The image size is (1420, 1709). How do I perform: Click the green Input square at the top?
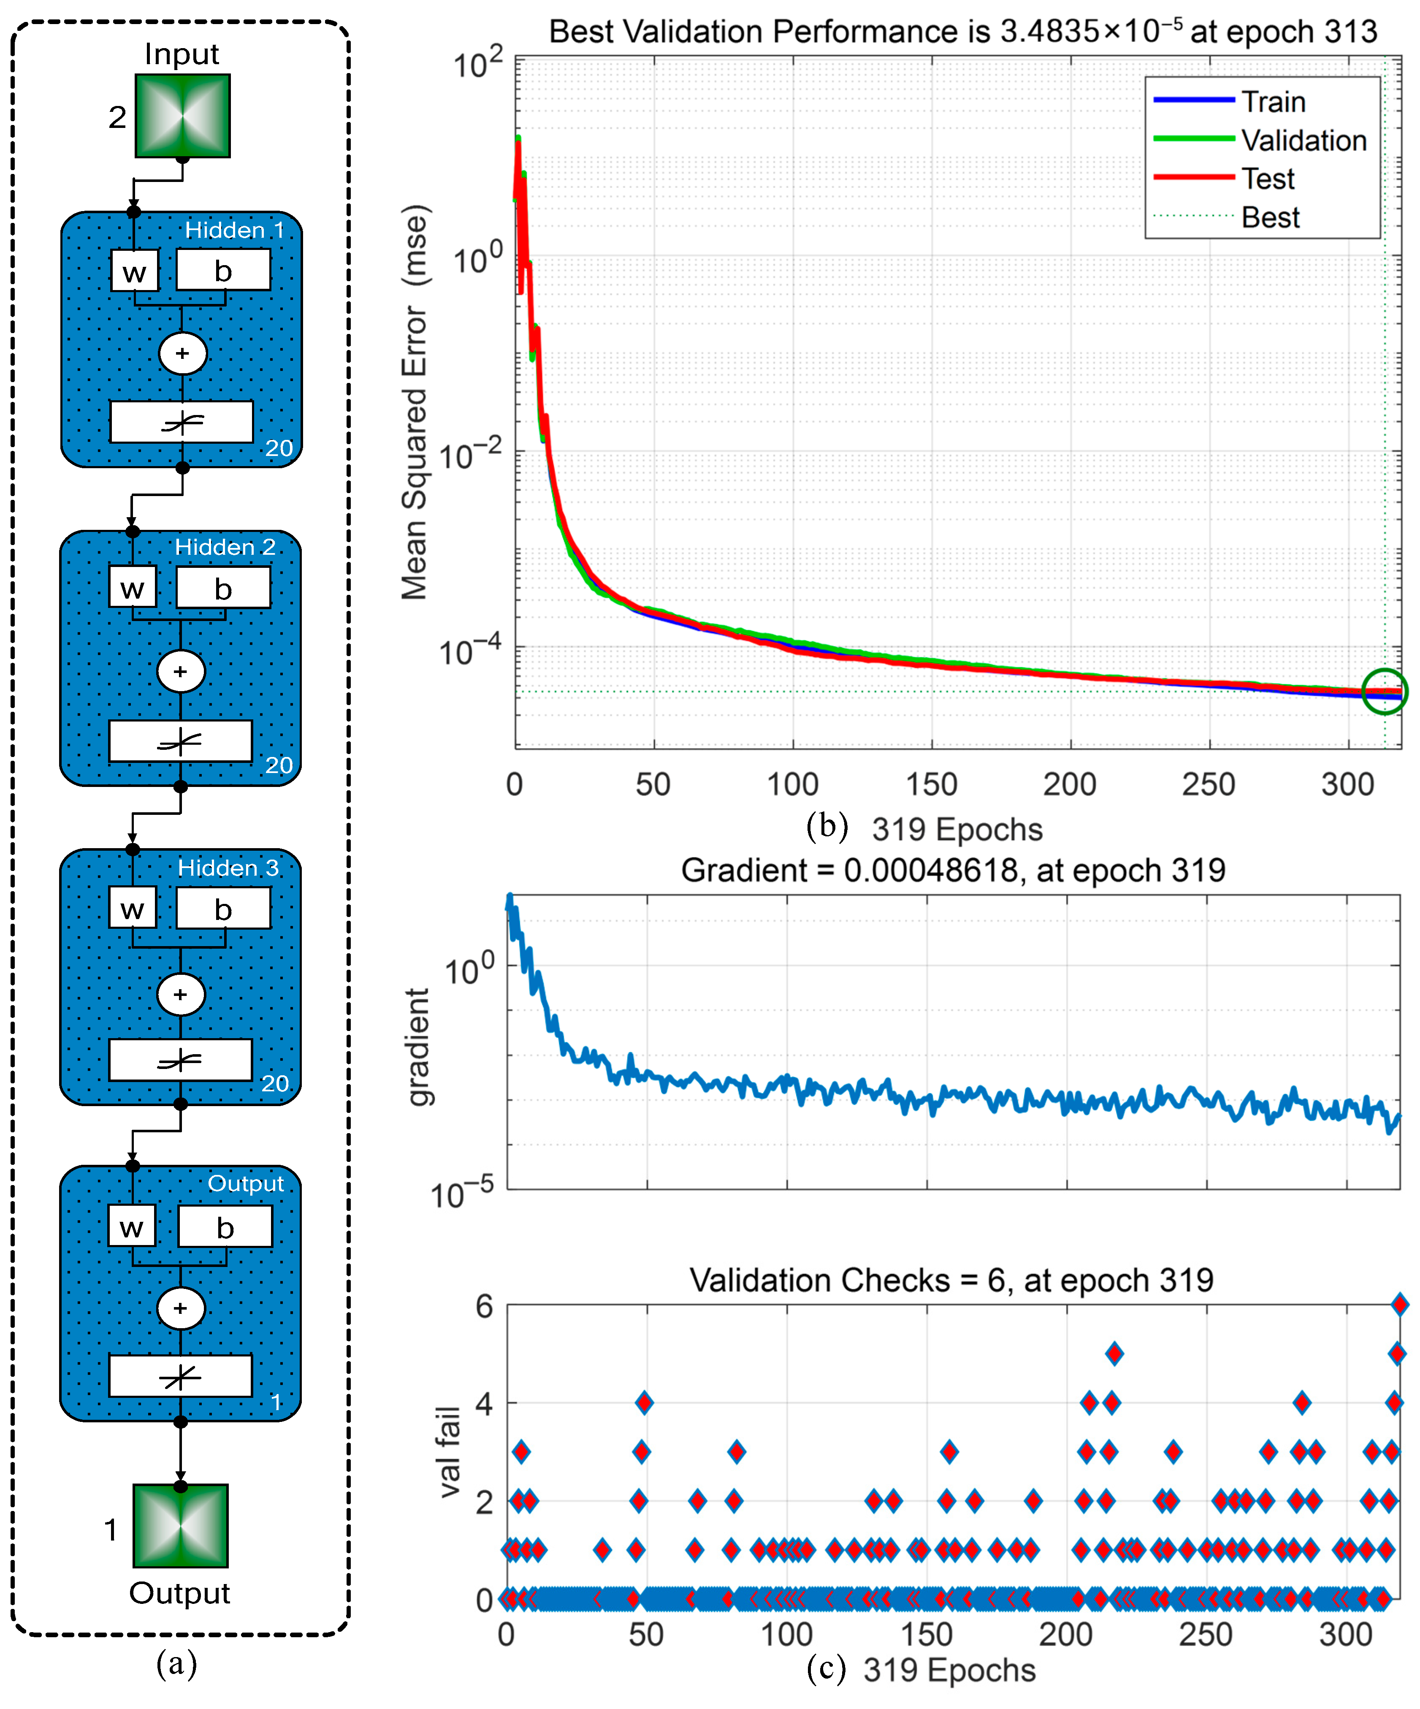[182, 116]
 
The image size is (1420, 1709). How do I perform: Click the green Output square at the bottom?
[181, 1526]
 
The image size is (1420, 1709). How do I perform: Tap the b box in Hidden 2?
[223, 588]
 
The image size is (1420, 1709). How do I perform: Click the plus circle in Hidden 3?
[181, 994]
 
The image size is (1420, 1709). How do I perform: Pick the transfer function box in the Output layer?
[181, 1375]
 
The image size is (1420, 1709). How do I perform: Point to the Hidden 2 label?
[225, 547]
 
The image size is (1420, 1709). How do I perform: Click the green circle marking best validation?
[1384, 692]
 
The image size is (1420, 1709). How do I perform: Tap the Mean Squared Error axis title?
[415, 403]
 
